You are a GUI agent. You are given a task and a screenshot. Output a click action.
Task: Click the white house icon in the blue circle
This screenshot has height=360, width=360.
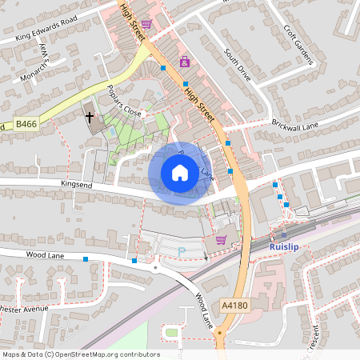(x=179, y=172)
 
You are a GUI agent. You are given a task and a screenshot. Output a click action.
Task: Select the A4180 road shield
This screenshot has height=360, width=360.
(x=235, y=306)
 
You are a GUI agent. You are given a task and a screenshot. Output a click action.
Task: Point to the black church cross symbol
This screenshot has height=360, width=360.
(x=90, y=118)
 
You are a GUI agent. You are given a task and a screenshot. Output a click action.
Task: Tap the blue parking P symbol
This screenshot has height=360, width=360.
(x=181, y=251)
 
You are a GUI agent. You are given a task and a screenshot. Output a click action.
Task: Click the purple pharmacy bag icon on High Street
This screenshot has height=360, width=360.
(x=185, y=62)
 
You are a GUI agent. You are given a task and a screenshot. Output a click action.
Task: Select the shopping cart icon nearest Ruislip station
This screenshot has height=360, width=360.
(x=221, y=239)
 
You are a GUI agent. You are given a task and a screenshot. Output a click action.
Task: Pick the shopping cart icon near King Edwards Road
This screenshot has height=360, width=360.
(x=146, y=24)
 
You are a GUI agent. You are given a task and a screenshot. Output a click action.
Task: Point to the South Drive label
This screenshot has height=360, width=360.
(x=238, y=68)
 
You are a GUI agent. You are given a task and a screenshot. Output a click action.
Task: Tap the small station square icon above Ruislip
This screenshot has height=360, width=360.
(x=282, y=235)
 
